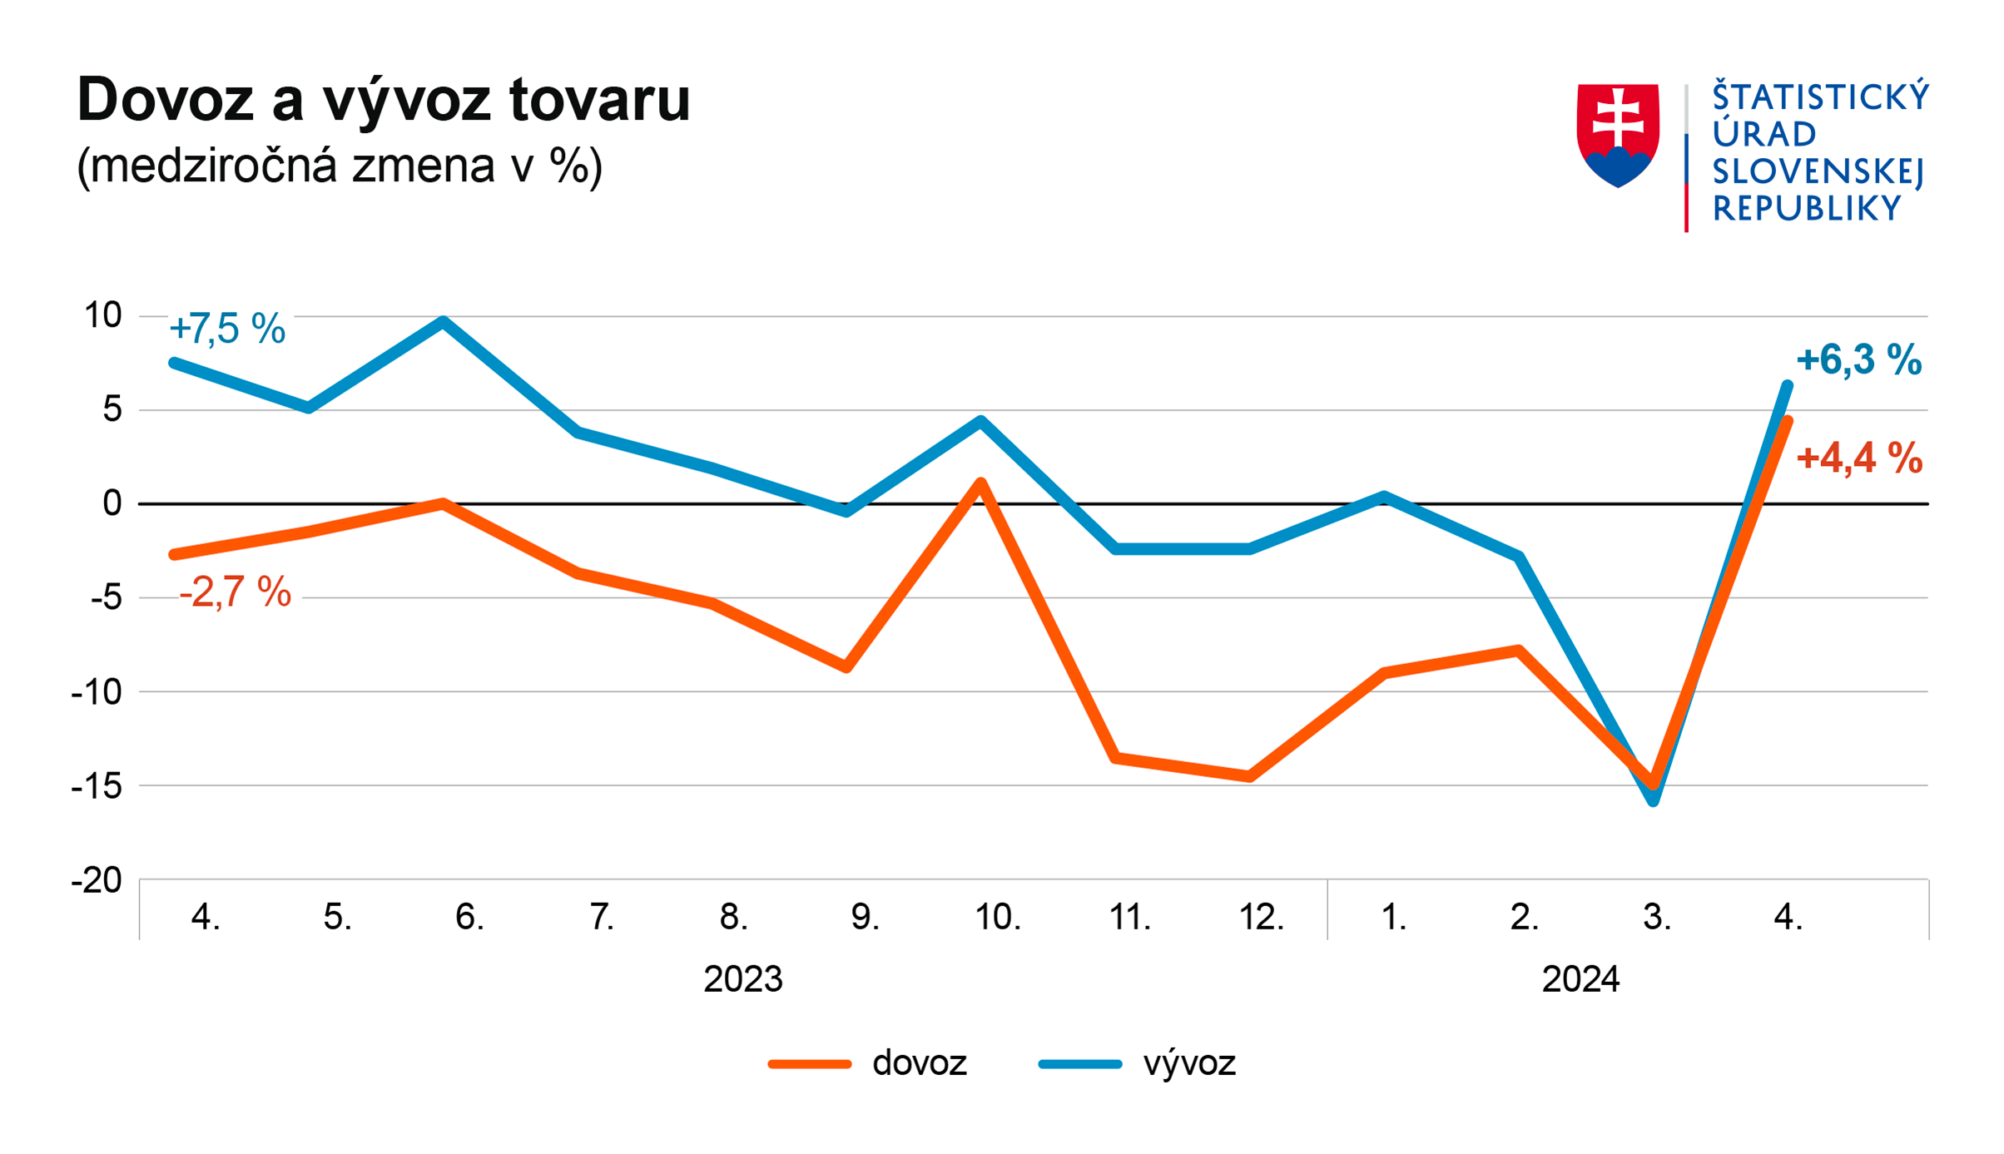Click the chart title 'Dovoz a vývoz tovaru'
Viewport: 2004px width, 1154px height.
[384, 100]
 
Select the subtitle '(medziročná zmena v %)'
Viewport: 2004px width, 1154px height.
[339, 166]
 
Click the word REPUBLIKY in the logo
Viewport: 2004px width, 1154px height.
[1807, 209]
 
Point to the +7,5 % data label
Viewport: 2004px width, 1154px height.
[227, 329]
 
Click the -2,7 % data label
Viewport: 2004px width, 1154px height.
[236, 592]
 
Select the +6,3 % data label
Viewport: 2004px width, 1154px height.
[1858, 360]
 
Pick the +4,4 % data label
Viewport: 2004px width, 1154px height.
[1859, 458]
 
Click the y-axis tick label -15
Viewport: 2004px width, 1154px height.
[97, 785]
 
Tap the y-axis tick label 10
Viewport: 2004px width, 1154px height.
[102, 315]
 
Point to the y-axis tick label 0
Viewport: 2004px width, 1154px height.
[112, 503]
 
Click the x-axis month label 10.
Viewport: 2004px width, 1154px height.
[997, 917]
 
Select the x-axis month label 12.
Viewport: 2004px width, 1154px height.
[1261, 917]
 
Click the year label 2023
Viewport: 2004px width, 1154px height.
[742, 979]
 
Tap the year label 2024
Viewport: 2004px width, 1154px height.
[1580, 979]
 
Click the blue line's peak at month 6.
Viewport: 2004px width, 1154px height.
[444, 321]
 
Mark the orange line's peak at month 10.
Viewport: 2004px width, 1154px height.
[981, 483]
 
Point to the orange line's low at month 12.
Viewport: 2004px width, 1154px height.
[1250, 776]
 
